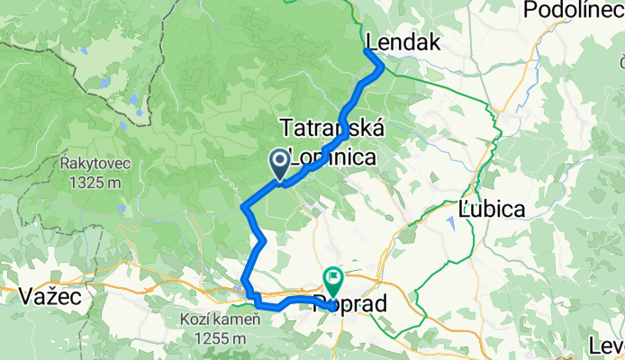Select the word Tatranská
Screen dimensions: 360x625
pos(332,127)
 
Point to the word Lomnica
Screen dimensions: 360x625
pos(332,157)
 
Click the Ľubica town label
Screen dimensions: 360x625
pos(492,208)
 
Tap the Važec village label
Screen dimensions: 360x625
pos(45,295)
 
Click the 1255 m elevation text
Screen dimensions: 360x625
pos(220,338)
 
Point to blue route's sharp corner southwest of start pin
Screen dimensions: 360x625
pos(244,208)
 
